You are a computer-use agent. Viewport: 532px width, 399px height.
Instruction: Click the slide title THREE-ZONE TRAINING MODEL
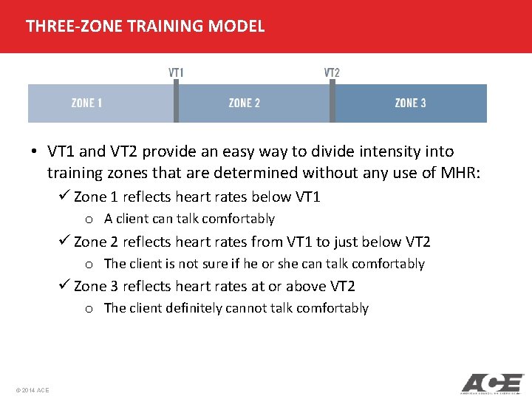coord(145,27)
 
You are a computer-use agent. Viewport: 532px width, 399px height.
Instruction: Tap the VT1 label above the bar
coord(176,72)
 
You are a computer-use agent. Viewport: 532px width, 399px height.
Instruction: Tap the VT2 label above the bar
coord(332,72)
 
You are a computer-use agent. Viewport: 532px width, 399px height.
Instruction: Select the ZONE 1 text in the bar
coord(87,103)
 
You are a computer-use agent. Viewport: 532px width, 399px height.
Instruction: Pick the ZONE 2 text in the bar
coord(244,103)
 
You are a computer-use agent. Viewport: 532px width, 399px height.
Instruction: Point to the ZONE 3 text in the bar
coord(410,103)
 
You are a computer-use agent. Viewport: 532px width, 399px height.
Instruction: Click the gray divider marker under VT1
coord(176,102)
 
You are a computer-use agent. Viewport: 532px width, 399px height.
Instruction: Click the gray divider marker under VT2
coord(332,102)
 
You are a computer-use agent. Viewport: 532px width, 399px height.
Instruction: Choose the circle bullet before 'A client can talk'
coord(89,219)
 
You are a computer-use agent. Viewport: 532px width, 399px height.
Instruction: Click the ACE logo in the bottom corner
coord(492,383)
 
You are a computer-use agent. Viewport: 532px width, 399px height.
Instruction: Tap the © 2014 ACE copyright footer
coord(31,390)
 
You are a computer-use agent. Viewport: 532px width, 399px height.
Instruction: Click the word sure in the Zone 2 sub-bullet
coord(191,264)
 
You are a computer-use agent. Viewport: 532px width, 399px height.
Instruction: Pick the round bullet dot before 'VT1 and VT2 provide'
coord(35,152)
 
